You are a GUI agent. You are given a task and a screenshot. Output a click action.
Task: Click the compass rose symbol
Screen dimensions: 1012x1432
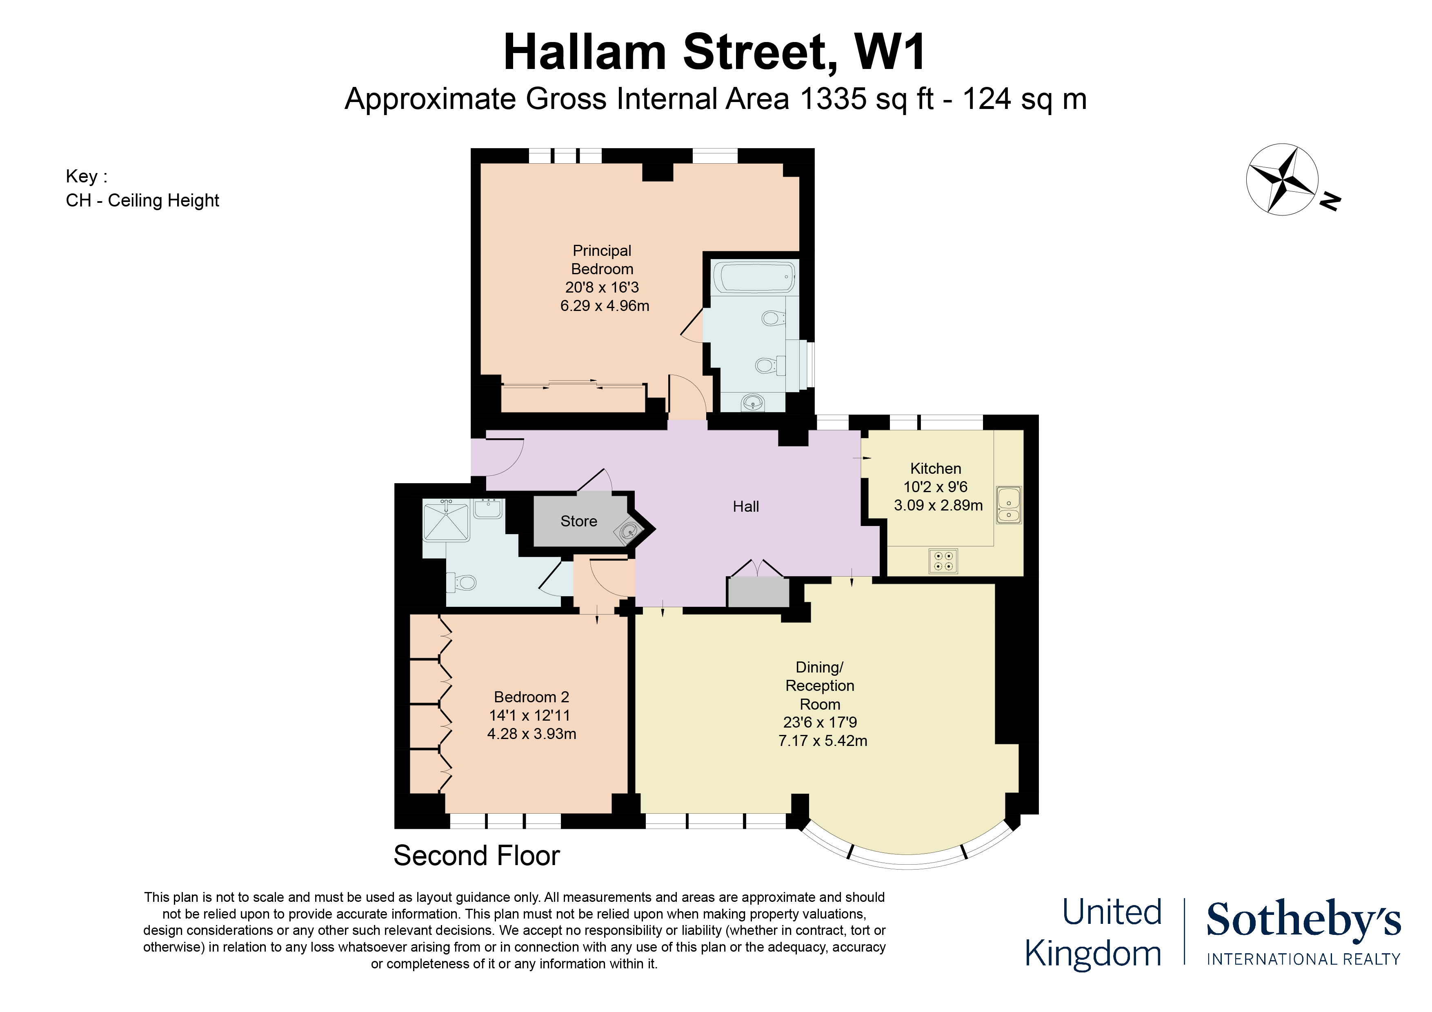tap(1282, 180)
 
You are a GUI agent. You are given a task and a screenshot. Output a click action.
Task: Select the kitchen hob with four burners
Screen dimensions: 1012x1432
tap(943, 561)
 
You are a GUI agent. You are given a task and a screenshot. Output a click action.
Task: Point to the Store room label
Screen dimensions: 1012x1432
tap(578, 521)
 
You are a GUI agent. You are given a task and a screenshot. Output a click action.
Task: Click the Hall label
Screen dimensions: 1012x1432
tap(745, 506)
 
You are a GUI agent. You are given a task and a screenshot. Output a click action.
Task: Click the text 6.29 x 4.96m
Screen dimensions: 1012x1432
tap(605, 306)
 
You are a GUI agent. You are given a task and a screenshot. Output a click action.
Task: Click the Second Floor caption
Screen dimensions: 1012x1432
tap(476, 855)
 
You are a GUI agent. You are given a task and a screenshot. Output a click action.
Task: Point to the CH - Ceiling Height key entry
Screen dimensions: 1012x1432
tap(142, 201)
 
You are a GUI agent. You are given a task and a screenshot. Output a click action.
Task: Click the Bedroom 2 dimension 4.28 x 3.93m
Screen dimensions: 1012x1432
tap(531, 734)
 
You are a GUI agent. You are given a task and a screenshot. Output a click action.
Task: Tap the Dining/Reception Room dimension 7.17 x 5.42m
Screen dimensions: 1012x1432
tap(822, 741)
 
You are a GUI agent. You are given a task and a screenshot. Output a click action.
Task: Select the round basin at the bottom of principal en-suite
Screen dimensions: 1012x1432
tap(753, 402)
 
